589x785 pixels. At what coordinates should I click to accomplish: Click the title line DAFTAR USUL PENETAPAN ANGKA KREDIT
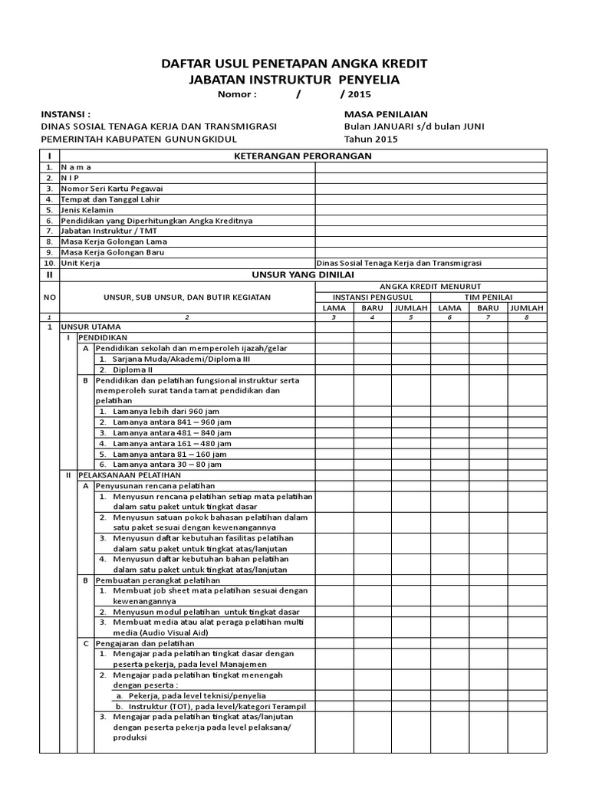click(294, 63)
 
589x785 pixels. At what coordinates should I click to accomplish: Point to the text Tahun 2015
click(371, 139)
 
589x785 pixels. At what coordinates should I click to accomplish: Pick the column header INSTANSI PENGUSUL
click(373, 297)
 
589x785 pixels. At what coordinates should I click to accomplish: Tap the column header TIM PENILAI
click(488, 297)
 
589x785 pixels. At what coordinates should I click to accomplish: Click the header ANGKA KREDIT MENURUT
click(430, 286)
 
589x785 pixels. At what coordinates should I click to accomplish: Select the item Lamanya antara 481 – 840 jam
click(172, 432)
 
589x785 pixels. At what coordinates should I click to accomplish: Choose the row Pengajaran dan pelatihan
click(145, 643)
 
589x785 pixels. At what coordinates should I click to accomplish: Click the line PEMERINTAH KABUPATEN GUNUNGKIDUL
click(139, 139)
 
